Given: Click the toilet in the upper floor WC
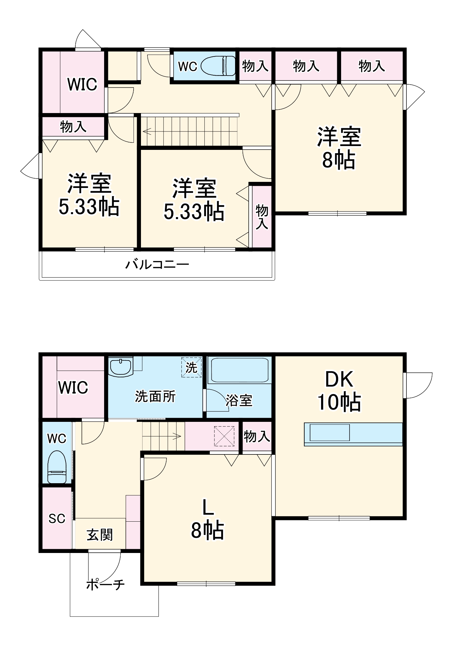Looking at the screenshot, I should point(219,66).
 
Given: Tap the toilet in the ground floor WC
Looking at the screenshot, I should point(57,467).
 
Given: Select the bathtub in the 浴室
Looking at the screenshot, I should point(240,370).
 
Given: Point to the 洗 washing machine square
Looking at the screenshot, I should point(191,367).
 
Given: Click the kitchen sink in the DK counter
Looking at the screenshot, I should point(329,432).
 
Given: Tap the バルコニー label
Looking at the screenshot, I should point(157,265).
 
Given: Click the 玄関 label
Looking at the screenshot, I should point(100,535).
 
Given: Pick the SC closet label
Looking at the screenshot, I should point(57,519).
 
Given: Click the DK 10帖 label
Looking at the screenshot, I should point(339,391).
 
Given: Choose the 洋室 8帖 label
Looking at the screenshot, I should point(339,148).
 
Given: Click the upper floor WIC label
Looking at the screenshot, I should point(82,84).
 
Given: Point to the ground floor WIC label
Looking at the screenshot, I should point(73,388).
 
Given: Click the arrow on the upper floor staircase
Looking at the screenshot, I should point(147,131).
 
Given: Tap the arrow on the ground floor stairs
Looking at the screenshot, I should point(177,436).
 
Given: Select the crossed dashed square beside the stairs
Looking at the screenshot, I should point(224,436).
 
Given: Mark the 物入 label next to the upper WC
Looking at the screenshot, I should point(255,66).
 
